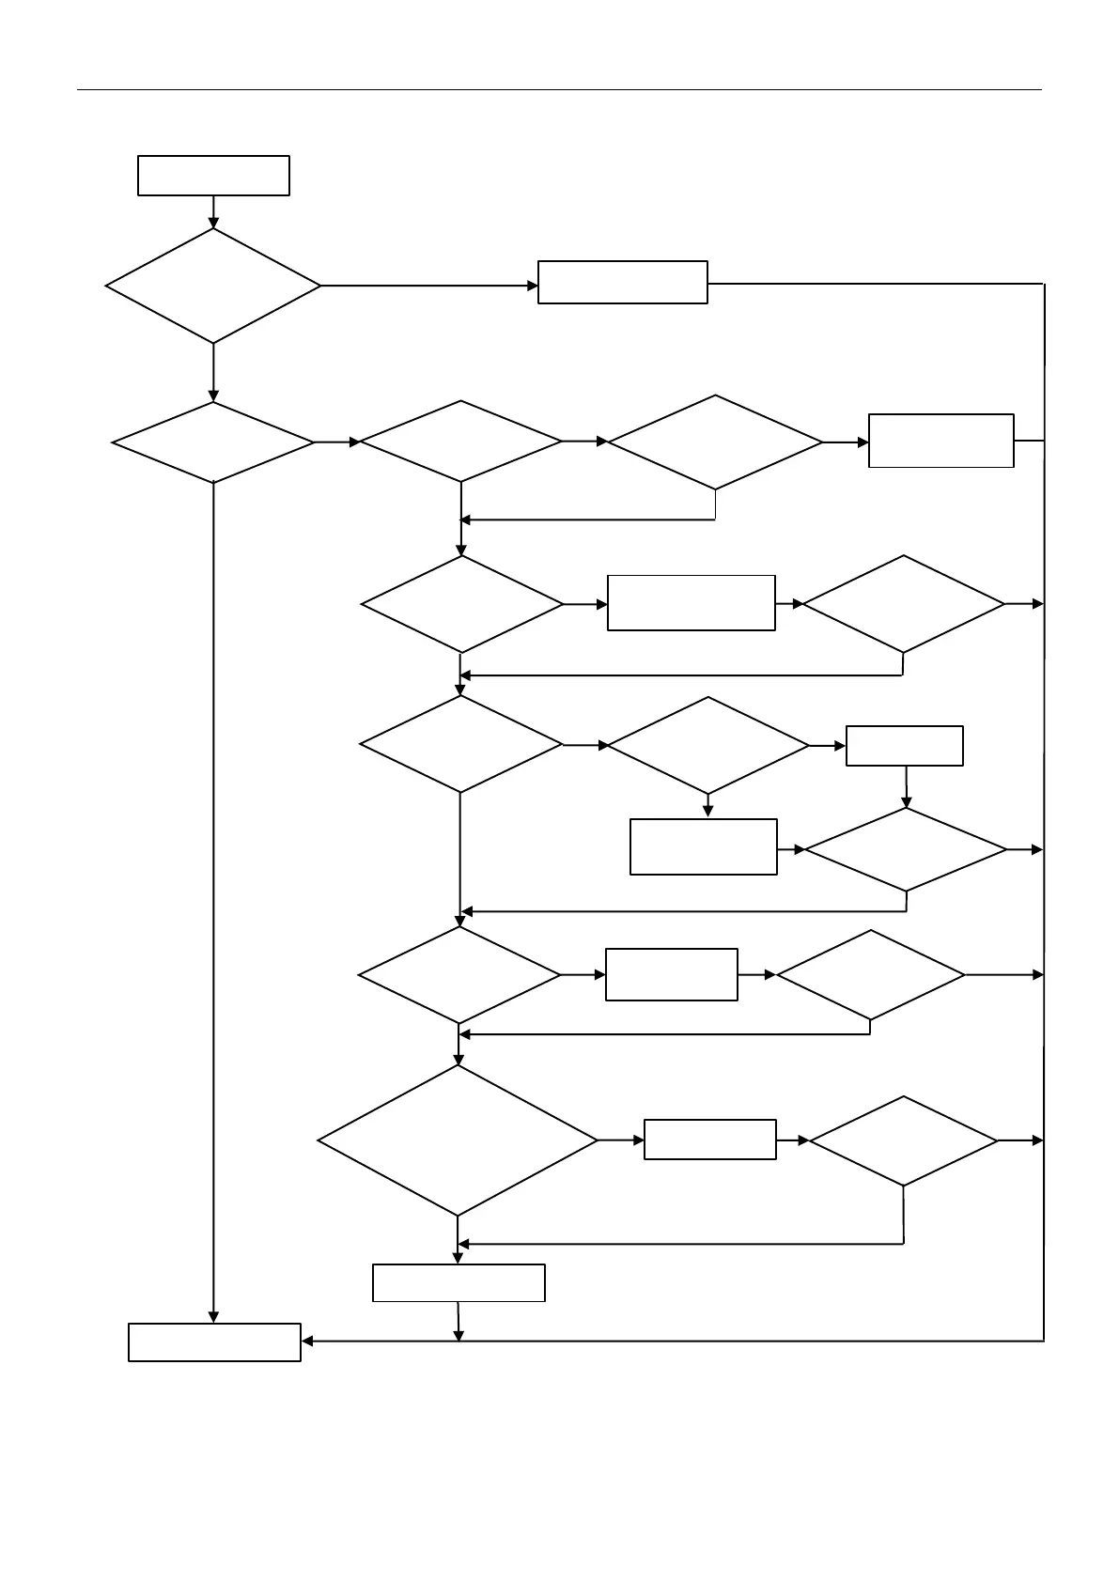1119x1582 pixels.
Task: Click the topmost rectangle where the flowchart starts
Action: (213, 176)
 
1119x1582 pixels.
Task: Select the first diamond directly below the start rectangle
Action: (213, 286)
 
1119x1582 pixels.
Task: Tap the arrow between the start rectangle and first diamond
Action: (213, 212)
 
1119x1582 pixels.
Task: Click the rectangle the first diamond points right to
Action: (622, 282)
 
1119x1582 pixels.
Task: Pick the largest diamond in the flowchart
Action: (458, 1140)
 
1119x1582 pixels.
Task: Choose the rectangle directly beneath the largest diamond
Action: (458, 1282)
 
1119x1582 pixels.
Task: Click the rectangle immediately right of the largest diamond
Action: (709, 1140)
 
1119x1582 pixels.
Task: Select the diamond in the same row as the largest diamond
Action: (903, 1140)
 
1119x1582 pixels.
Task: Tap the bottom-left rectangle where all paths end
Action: (214, 1342)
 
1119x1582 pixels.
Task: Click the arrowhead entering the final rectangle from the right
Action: (307, 1342)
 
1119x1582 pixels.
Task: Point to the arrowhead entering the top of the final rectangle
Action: (213, 1317)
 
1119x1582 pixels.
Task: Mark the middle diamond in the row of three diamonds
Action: (461, 442)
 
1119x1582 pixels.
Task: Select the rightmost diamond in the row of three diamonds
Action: (715, 442)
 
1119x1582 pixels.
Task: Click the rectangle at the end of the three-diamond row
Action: (940, 441)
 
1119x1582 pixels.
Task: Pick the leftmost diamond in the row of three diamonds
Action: (213, 442)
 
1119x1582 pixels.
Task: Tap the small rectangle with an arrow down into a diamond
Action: (904, 746)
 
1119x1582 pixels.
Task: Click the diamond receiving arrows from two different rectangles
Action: (906, 849)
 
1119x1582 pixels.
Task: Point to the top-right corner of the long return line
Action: (1044, 284)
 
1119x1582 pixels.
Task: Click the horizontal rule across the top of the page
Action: (559, 90)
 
